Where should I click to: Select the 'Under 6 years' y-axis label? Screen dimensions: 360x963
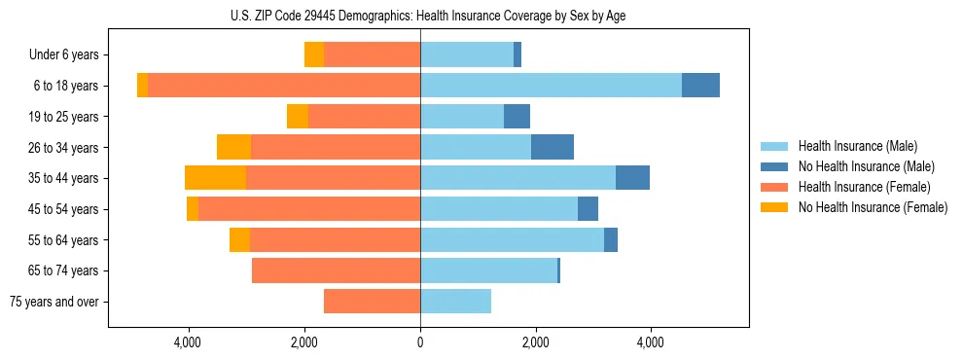[70, 54]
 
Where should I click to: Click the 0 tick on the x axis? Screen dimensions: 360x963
[420, 342]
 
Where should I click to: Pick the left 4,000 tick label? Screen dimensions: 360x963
[188, 342]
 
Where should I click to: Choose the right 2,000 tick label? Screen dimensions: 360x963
[535, 342]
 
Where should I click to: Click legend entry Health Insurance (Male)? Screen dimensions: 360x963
[857, 146]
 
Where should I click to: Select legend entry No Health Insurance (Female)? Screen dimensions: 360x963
[873, 207]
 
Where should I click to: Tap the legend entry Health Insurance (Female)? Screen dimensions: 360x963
[864, 187]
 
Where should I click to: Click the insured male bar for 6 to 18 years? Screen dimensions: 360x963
[551, 86]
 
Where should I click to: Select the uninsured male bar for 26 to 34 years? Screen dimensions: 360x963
[553, 147]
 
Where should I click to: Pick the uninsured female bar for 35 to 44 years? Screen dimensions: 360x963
[215, 178]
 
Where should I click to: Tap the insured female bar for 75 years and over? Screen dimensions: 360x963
[372, 302]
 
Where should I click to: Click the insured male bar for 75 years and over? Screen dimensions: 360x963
[455, 302]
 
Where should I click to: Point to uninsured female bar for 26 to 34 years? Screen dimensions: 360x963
[233, 147]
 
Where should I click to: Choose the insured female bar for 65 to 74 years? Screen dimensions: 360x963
[336, 270]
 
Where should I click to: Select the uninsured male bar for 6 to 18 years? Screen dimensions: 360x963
[700, 86]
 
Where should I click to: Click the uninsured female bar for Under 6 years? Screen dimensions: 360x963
[314, 54]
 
